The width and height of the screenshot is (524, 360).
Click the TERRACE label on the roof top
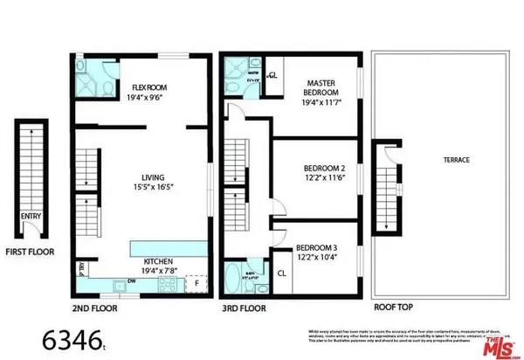pyautogui.click(x=455, y=161)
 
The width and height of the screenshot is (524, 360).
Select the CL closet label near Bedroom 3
pyautogui.click(x=282, y=273)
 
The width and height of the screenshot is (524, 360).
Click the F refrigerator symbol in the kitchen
pyautogui.click(x=196, y=283)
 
